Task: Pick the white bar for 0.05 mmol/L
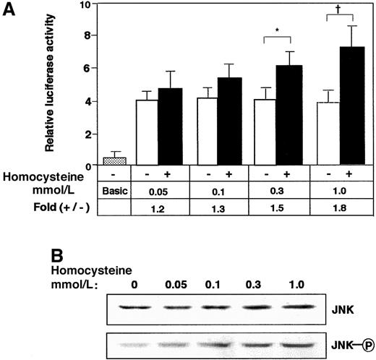click(x=148, y=132)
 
